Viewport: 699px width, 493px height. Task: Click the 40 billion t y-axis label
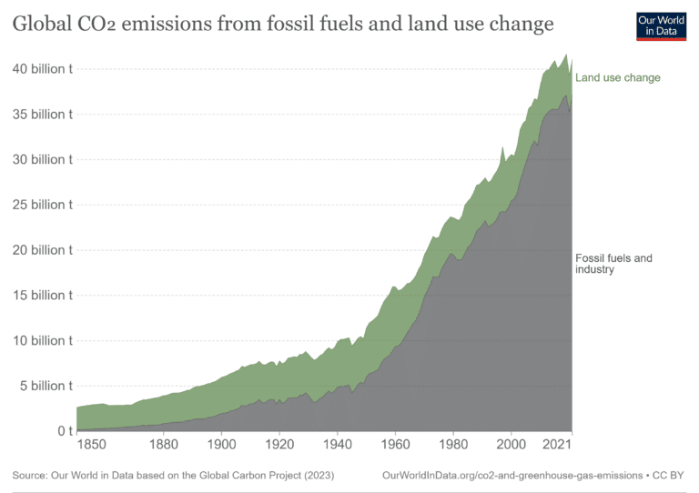38,69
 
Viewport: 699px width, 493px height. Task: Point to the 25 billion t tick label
38,205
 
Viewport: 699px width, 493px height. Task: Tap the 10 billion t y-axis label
38,340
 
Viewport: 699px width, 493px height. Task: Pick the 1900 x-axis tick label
221,445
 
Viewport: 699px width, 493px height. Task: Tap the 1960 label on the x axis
395,445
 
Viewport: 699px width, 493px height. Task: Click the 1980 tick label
453,445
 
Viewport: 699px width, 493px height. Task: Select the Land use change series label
618,78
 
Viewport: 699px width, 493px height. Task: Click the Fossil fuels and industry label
613,264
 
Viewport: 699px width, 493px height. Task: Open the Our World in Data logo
661,26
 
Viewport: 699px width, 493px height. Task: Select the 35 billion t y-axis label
38,115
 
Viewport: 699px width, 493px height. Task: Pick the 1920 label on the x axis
279,445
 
